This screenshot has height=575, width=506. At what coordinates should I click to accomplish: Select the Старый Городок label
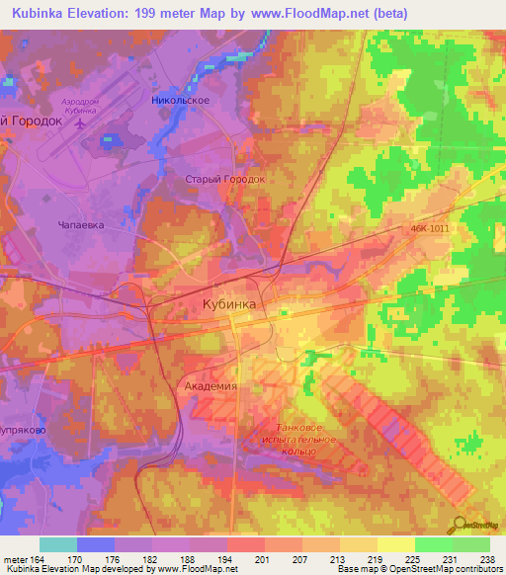226,180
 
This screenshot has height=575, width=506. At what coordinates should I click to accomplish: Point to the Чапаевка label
78,224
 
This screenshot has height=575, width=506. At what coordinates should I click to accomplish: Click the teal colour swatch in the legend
58,544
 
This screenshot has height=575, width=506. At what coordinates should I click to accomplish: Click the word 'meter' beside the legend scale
15,560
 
